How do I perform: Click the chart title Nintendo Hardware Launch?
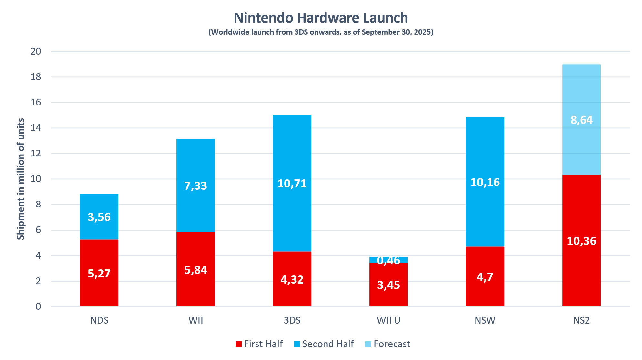click(x=321, y=18)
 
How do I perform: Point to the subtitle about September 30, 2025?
click(x=321, y=32)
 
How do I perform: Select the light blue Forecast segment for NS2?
click(x=581, y=97)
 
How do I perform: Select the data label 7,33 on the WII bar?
click(x=196, y=186)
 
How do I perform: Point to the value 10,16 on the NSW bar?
click(x=485, y=182)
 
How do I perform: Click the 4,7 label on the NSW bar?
click(x=485, y=277)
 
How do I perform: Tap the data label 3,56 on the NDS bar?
click(x=99, y=217)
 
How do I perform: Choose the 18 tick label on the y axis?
click(x=36, y=77)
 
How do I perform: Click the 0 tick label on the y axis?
click(x=38, y=306)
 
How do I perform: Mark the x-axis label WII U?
click(x=388, y=320)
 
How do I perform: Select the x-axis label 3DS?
click(x=292, y=320)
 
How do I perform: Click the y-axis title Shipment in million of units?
click(x=21, y=179)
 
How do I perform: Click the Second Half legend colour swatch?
click(x=297, y=344)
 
